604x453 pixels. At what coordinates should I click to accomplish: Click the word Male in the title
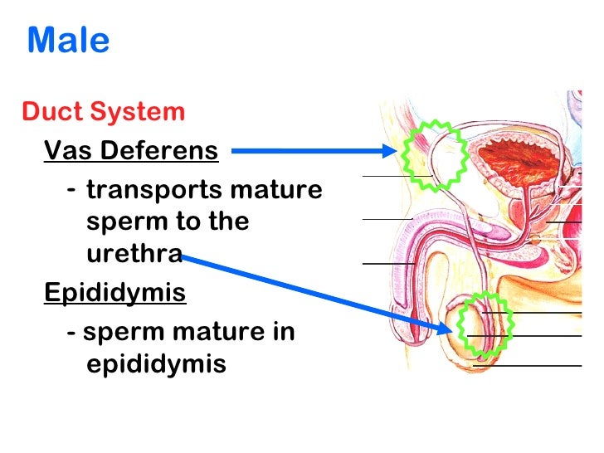(x=68, y=41)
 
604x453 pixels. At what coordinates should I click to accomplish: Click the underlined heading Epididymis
(x=114, y=293)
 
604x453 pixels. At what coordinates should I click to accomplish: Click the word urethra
(x=134, y=254)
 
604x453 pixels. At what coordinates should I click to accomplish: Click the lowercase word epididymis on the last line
(x=156, y=364)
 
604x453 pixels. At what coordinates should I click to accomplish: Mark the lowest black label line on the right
(x=528, y=365)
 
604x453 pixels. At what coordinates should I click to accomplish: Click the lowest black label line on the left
(x=388, y=263)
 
